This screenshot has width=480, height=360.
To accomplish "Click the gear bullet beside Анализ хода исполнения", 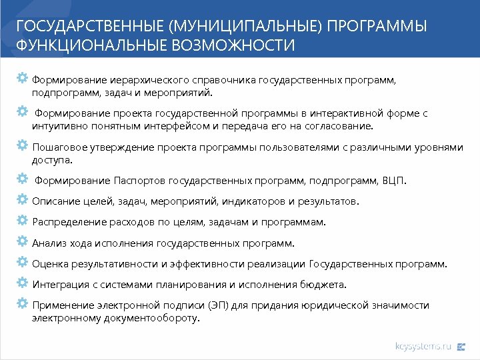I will [x=22, y=242].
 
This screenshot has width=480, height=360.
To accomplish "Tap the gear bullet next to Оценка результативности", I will [x=22, y=263].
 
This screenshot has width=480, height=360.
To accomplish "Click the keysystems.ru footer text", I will [x=423, y=346].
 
